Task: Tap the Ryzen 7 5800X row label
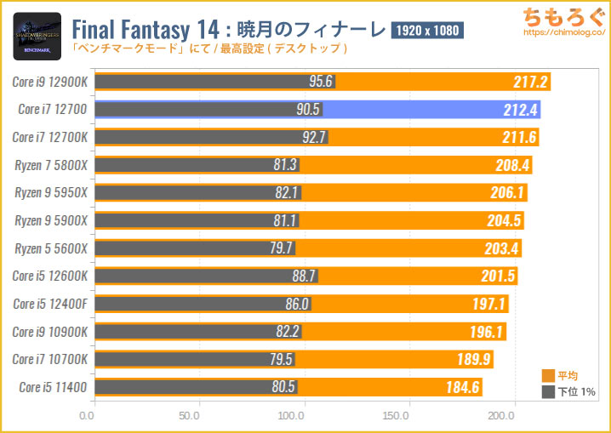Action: (x=50, y=165)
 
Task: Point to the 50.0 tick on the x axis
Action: (x=190, y=416)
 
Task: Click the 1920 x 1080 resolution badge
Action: (x=426, y=31)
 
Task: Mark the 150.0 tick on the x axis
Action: (x=397, y=416)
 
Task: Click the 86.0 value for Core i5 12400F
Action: (x=297, y=304)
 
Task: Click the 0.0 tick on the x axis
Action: (x=87, y=416)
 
